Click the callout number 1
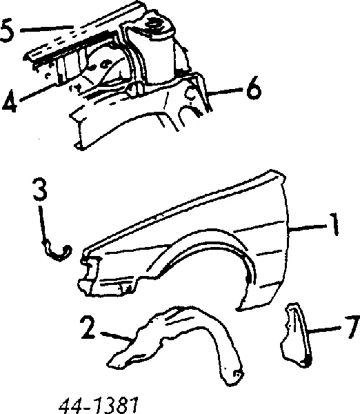334,224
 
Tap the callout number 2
88,328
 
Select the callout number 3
40,188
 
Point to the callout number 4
9,101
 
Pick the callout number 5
7,30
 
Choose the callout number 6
253,88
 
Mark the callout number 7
352,326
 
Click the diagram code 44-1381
98,405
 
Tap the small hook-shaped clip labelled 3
57,251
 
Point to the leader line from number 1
308,228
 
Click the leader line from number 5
47,28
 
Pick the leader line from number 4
39,92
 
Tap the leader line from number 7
325,330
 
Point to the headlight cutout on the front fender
88,275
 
